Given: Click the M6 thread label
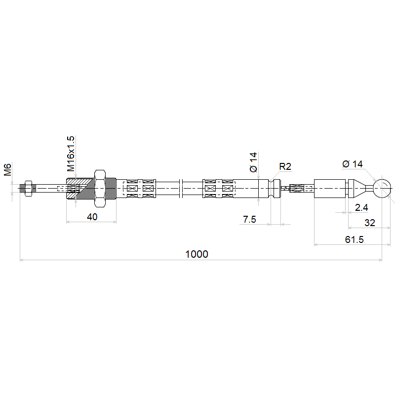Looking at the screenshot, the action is coord(7,169).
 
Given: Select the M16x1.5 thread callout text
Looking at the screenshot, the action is coord(71,154).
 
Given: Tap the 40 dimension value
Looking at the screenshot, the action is coord(92,217).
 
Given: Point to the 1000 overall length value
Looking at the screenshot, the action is coord(197,254).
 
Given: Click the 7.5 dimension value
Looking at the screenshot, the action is coord(249,219).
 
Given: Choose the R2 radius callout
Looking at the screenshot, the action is coord(285,166).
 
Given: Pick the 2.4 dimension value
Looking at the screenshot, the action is coord(361,207).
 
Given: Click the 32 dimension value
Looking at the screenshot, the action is coord(370,223).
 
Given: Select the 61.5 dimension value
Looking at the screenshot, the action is coord(354,239).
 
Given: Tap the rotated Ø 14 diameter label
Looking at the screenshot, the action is coord(253,162).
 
